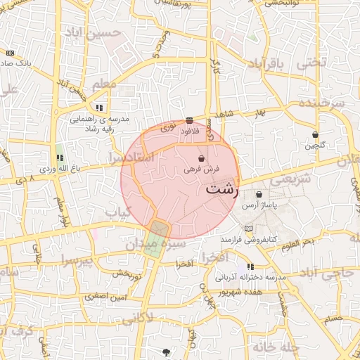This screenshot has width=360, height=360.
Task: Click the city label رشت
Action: click(x=223, y=189)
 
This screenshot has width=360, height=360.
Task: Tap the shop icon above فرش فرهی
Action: click(x=202, y=159)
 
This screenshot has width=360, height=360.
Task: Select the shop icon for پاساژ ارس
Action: click(x=259, y=195)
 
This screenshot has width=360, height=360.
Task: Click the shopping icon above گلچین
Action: click(x=314, y=134)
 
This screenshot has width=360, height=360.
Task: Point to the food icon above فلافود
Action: click(x=189, y=120)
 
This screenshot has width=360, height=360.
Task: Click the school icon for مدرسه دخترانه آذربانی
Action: click(x=251, y=267)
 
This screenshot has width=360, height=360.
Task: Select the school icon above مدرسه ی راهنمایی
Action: click(x=99, y=108)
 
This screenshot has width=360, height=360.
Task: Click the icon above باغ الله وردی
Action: click(x=59, y=158)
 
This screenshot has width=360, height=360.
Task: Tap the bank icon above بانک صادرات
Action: click(x=9, y=53)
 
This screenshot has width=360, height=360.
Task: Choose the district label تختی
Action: click(x=311, y=61)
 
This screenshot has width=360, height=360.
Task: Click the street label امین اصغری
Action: click(x=105, y=297)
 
